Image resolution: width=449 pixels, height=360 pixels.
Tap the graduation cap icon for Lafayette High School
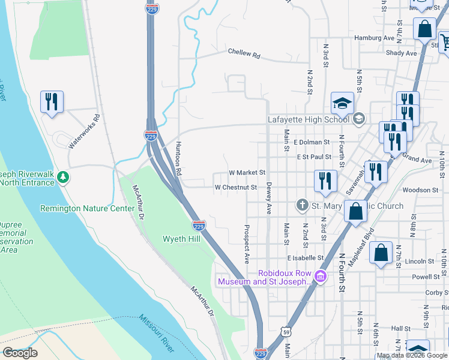coord(342,103)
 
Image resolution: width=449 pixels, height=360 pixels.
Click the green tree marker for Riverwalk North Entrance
coord(62,177)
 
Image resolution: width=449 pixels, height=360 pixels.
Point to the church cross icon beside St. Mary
coord(303,206)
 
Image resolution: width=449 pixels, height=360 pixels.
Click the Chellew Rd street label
coord(244,53)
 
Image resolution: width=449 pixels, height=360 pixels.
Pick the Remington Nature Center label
coord(87,208)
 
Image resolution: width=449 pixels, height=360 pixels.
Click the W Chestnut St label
coord(236,187)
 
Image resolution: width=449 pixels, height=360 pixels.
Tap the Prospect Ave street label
coord(247,244)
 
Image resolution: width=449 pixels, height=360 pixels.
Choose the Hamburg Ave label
coord(368,37)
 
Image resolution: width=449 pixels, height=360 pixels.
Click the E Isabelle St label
coord(305,257)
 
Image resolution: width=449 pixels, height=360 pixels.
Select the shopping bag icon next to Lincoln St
coord(381,253)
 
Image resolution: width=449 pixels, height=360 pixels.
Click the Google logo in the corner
coord(20,353)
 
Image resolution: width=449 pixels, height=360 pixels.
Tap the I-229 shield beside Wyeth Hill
coord(199,226)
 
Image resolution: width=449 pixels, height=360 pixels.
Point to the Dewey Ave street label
coord(269,199)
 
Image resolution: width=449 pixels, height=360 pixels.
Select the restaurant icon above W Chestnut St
coord(325,181)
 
